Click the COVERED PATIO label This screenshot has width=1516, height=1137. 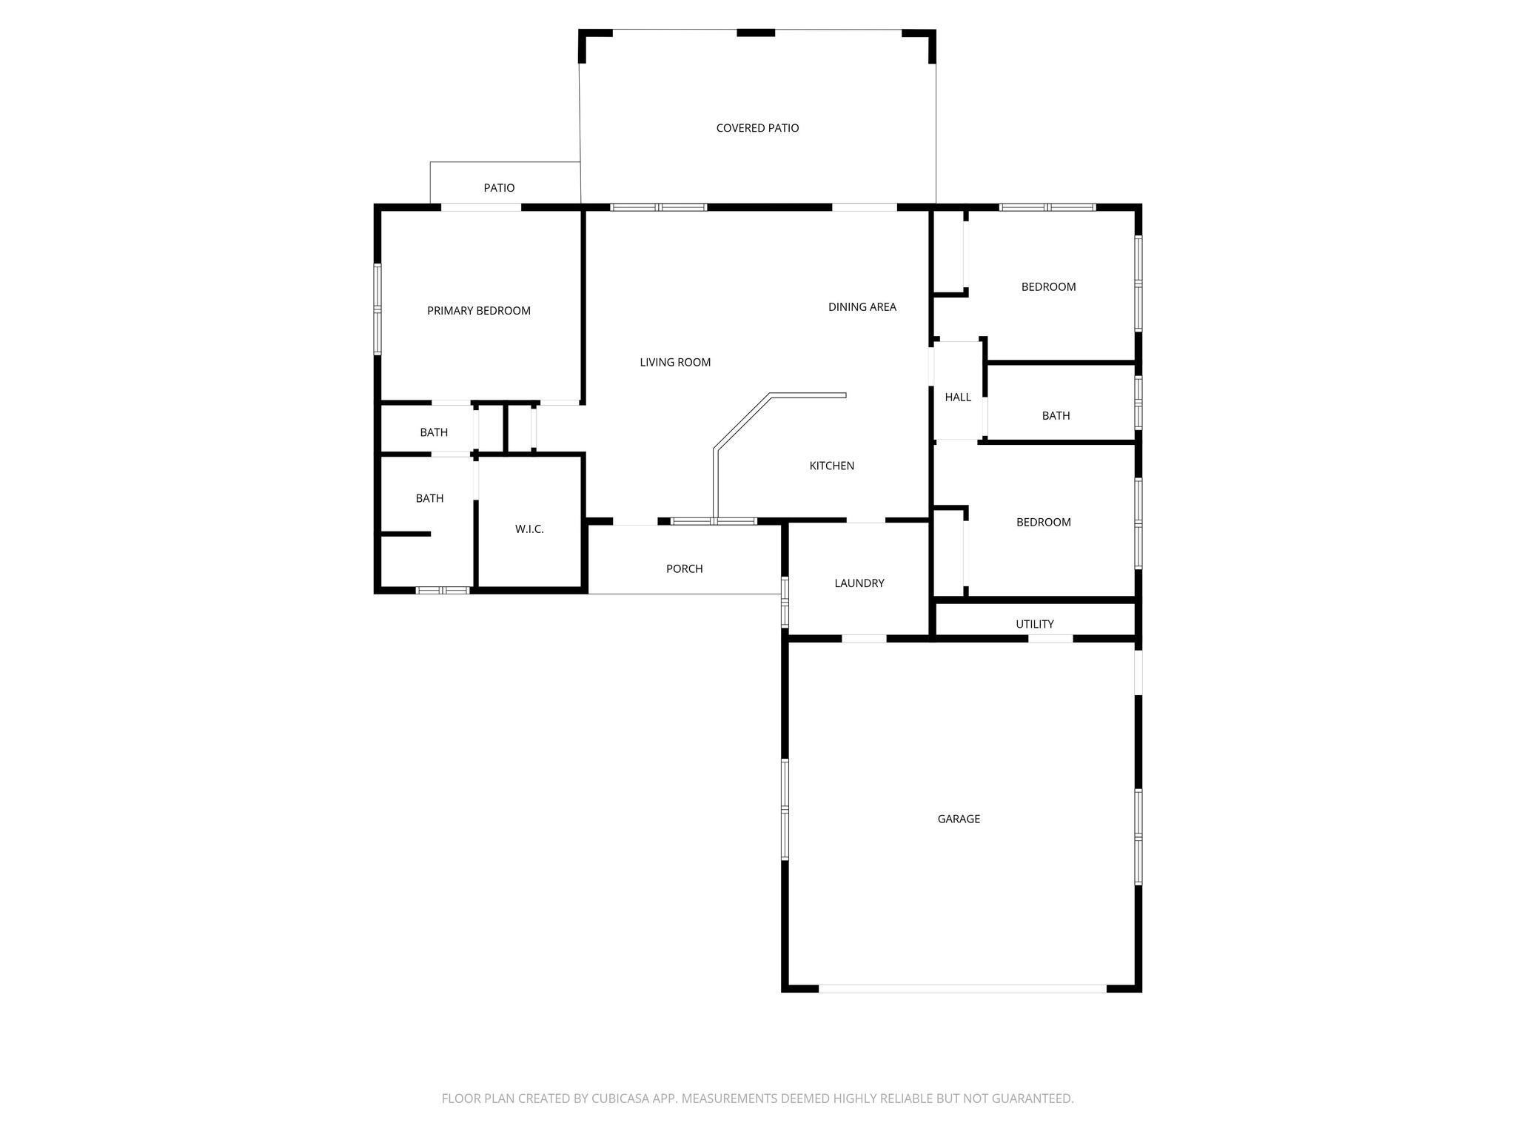(757, 128)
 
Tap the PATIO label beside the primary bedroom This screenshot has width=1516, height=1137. (499, 188)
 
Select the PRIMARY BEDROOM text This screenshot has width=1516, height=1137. (479, 311)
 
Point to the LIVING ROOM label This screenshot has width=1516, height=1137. (675, 362)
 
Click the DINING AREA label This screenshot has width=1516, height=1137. (862, 306)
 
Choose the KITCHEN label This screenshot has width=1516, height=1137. (832, 466)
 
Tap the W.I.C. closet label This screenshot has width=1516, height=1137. (529, 529)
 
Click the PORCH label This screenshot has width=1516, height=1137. (685, 568)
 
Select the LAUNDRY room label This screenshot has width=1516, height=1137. (859, 583)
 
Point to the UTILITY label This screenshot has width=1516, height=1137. (1035, 624)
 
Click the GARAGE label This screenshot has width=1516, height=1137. (959, 819)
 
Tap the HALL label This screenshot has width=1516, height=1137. (958, 398)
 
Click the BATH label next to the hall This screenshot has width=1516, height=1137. (1056, 416)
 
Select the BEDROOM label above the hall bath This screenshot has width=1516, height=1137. (1049, 287)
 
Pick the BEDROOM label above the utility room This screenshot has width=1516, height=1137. (1044, 523)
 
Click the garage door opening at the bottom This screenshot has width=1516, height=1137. (962, 988)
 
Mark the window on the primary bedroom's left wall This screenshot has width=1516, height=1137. (378, 309)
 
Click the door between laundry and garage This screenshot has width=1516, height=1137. (865, 638)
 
